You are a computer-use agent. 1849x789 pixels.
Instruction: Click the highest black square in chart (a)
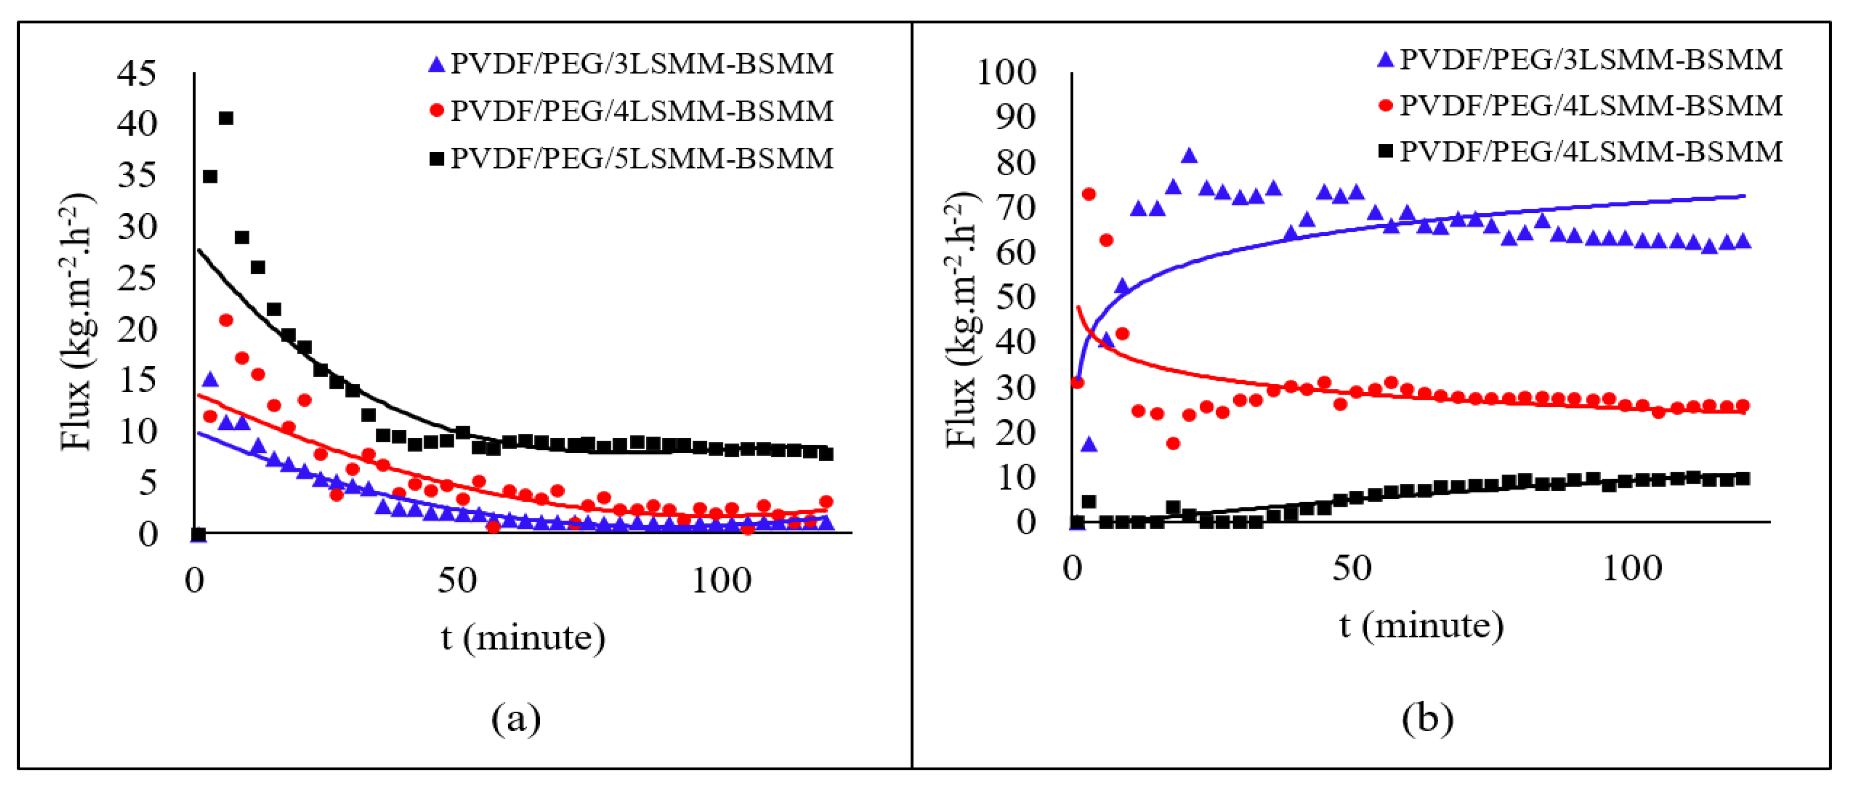point(226,117)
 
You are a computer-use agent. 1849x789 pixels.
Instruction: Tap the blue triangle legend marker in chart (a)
point(436,65)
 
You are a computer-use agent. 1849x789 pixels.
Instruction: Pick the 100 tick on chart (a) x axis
point(721,580)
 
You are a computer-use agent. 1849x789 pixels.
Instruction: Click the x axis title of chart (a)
point(523,637)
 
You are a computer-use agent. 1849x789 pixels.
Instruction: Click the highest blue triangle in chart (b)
point(1189,155)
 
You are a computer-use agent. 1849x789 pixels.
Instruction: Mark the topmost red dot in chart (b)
point(1089,194)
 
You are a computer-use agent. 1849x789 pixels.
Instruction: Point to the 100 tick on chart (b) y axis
point(1006,72)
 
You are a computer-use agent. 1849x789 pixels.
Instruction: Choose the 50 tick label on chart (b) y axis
point(1016,297)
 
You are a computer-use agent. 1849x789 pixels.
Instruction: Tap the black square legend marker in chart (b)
point(1386,152)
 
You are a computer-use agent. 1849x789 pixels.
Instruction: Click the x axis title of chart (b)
point(1421,625)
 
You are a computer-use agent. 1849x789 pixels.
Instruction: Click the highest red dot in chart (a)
point(226,320)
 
